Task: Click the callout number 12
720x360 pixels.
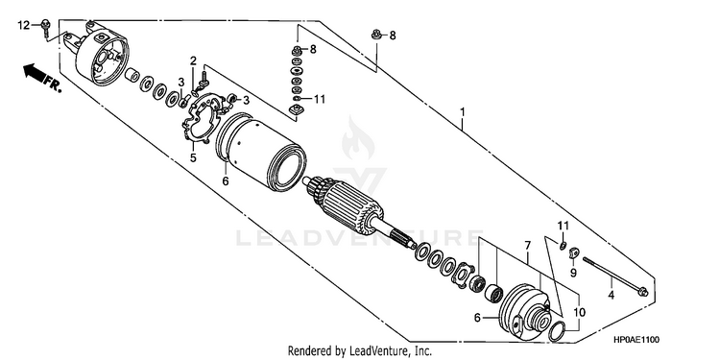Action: point(23,25)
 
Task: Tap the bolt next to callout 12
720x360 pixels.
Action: point(45,28)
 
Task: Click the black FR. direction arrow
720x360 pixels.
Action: point(36,74)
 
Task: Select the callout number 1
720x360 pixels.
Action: point(463,111)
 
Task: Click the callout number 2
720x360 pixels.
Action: point(193,60)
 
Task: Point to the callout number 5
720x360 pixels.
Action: point(193,158)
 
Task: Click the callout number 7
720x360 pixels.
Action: point(528,245)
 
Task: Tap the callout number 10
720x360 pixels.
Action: point(580,313)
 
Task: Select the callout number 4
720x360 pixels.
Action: point(612,296)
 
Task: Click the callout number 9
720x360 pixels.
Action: point(573,274)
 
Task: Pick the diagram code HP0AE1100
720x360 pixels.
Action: point(636,340)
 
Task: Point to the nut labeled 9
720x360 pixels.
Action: point(573,252)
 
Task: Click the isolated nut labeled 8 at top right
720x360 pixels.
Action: point(376,34)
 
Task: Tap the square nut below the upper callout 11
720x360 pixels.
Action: point(294,109)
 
